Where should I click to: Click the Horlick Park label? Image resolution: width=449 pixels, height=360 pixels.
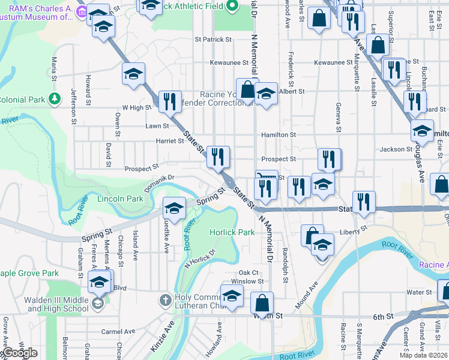tap(232, 232)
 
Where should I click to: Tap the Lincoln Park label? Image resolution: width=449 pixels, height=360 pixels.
tap(120, 199)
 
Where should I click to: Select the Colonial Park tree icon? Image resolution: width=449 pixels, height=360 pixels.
tap(55, 98)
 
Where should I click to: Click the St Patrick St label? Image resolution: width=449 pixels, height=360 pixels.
tap(213, 40)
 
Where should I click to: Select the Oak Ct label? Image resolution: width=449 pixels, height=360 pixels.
tap(249, 272)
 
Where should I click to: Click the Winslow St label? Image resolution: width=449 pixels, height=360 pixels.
tap(247, 281)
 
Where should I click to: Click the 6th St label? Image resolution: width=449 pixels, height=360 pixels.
tap(382, 316)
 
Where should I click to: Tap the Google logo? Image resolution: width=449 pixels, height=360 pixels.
tap(20, 353)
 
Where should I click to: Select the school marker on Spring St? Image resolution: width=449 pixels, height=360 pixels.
tap(174, 208)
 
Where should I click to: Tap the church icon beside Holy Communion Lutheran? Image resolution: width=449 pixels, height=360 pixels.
tap(166, 299)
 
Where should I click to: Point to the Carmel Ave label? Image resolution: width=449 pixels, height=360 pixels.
tap(115, 331)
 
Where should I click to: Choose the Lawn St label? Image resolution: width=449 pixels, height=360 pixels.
tap(157, 126)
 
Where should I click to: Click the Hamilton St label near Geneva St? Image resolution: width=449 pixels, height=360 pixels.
tap(279, 135)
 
